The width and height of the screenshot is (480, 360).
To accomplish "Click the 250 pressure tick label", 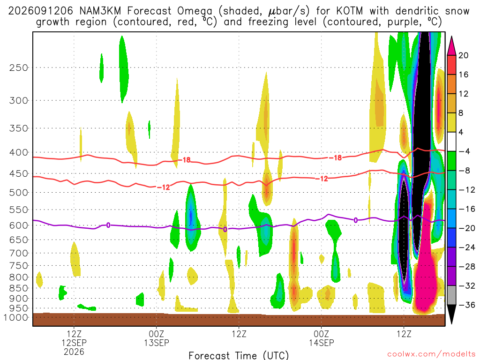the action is click(x=18, y=67).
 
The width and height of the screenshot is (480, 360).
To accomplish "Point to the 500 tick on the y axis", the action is click(x=18, y=193).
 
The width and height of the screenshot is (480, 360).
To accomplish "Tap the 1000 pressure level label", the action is click(x=15, y=317).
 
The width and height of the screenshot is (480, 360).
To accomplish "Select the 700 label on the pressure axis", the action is click(x=18, y=253).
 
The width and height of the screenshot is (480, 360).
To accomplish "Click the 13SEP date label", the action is click(x=157, y=343).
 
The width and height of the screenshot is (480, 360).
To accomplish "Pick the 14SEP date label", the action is click(x=322, y=343).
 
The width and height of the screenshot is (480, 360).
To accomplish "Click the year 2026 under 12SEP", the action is click(x=74, y=352).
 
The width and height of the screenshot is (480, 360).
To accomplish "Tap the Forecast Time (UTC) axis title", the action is click(x=239, y=355).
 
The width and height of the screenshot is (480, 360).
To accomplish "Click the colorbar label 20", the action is click(x=463, y=55).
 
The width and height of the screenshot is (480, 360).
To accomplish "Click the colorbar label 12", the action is click(x=463, y=94).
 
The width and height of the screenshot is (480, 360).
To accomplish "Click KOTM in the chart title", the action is click(x=349, y=11).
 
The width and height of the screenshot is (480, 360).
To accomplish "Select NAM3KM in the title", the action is click(x=100, y=11).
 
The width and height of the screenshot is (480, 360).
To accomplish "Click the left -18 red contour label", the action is click(x=185, y=160).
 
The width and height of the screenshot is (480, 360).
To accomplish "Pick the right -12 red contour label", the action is click(x=322, y=179).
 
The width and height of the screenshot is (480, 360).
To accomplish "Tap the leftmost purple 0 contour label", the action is click(x=108, y=225).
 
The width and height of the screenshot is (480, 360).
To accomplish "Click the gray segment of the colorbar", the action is click(x=451, y=295).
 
